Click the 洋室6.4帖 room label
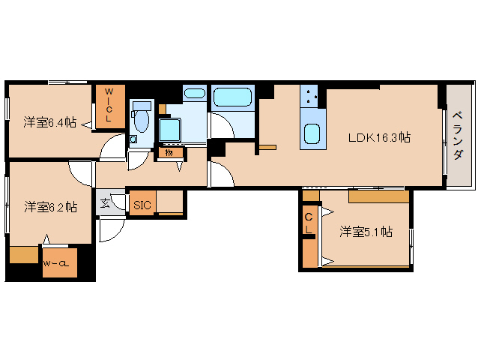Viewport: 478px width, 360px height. [49, 121]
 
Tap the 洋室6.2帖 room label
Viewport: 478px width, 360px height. [49, 207]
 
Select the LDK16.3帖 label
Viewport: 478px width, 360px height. [378, 137]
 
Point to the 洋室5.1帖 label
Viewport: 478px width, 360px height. [366, 232]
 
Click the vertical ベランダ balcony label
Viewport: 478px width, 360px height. [457, 136]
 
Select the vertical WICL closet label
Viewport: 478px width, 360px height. [108, 105]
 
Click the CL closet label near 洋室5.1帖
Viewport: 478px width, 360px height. [309, 223]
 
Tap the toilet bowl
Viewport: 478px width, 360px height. [140, 120]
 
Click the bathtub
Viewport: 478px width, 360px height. [234, 98]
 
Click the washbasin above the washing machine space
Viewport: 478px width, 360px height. [194, 95]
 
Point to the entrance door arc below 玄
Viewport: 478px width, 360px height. [107, 231]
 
